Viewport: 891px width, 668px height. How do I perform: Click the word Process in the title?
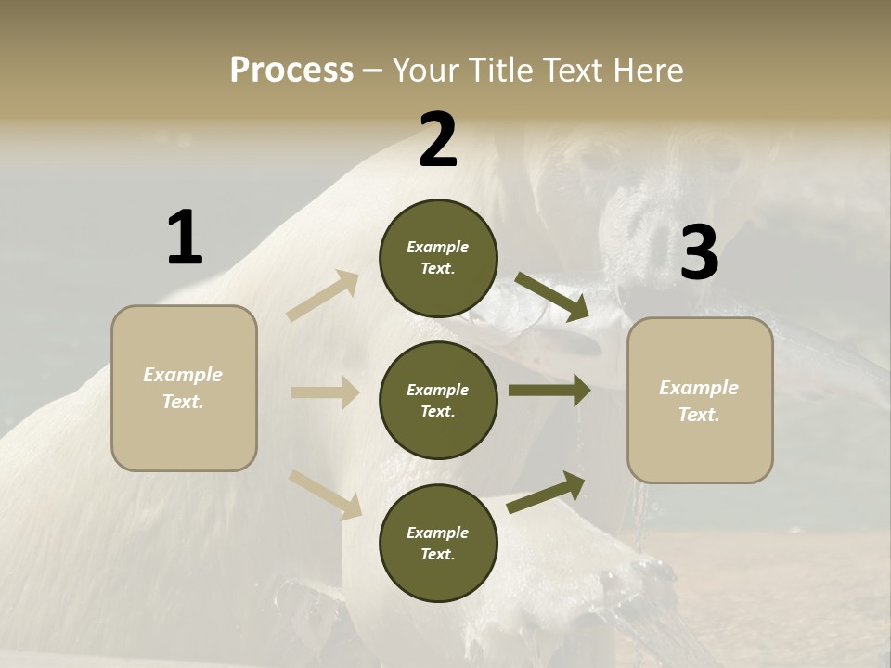tap(291, 71)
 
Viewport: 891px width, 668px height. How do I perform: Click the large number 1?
tap(185, 238)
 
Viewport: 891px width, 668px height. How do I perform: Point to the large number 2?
tap(438, 140)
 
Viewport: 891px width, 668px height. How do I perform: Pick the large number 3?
tap(700, 253)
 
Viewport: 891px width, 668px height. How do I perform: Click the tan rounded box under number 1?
tap(184, 388)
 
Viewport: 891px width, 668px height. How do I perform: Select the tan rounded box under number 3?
tap(700, 401)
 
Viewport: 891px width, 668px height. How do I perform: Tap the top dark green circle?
tap(438, 258)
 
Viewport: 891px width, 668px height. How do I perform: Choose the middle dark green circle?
tap(438, 400)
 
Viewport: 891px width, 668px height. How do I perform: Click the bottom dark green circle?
tap(438, 543)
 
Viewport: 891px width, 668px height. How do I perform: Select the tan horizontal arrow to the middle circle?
tap(325, 392)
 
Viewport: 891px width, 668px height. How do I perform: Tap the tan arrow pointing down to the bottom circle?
tap(326, 494)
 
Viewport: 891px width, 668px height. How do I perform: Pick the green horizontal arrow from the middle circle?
tap(549, 391)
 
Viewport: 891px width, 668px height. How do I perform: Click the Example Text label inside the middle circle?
tap(438, 401)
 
